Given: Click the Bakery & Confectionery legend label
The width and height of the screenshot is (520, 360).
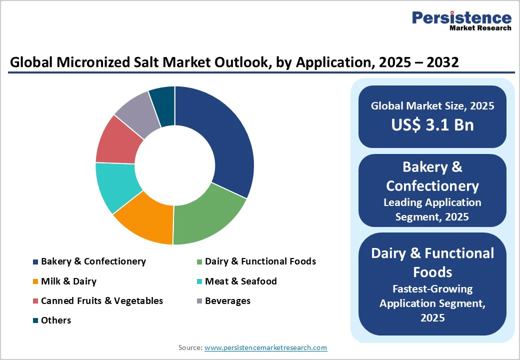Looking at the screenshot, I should point(93,261).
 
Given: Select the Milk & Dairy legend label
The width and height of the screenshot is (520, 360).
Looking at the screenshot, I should point(68,281).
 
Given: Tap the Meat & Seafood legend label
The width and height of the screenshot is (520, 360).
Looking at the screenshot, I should point(240,281).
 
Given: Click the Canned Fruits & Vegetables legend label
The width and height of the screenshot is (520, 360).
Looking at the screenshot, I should point(101,301).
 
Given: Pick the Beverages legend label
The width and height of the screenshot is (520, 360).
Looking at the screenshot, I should point(227,301).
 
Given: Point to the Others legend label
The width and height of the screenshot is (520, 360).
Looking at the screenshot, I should point(55,320).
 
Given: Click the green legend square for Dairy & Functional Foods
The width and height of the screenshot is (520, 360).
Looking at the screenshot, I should point(199,262).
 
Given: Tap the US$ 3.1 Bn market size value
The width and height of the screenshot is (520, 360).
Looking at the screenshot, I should point(432,124).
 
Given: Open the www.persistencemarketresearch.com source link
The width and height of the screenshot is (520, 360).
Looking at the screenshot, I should point(265,347).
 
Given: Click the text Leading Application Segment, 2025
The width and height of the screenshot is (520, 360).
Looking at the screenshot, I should point(432,209).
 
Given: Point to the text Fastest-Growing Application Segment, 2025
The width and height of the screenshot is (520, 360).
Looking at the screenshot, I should point(432,303).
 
